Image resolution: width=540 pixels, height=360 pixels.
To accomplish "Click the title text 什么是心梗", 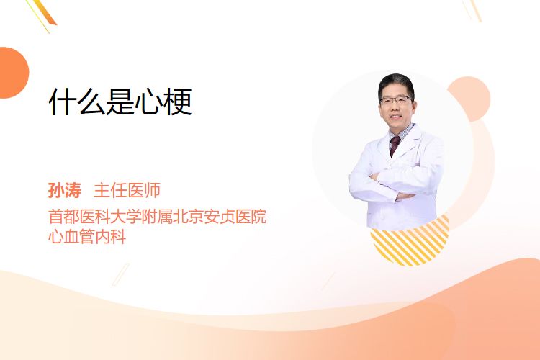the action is [120, 102].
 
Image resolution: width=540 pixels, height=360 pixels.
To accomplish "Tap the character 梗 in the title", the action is [178, 102].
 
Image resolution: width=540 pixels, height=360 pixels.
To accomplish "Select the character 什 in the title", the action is [63, 102].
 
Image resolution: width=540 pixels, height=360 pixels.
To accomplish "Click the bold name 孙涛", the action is [64, 191].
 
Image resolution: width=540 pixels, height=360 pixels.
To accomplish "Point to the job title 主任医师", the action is [127, 191].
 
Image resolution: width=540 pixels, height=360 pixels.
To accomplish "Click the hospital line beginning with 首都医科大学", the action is [158, 217].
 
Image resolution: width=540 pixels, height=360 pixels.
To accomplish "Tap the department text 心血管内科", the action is [87, 237].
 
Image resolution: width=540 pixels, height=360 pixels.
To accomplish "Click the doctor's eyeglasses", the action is [396, 101].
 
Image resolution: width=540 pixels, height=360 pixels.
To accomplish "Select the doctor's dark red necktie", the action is [394, 145].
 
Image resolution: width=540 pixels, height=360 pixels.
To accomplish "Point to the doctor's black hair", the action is [396, 83].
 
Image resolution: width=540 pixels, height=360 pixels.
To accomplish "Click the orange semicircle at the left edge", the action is [13, 73].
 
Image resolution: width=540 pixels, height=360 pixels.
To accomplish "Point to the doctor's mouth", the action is [396, 117].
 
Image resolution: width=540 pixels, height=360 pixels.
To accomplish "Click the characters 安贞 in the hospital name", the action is [220, 217].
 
